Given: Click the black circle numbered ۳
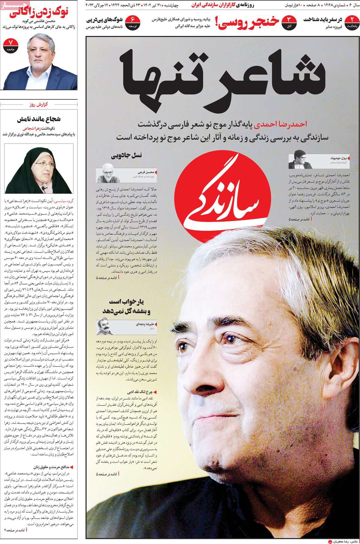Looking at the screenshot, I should (x=290, y=23).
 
